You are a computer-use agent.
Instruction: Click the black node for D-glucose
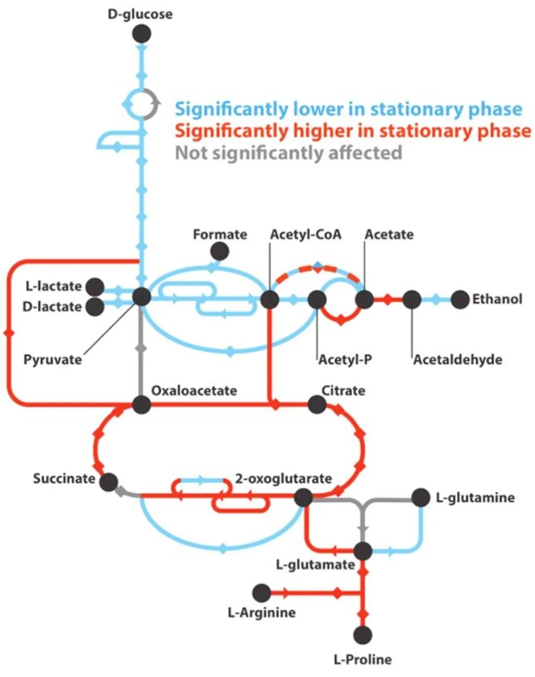142,34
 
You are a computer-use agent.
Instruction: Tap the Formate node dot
219,251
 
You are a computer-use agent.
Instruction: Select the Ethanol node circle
460,299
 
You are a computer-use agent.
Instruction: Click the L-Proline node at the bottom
363,635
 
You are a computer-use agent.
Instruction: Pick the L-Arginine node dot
261,593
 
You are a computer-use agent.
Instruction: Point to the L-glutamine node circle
420,497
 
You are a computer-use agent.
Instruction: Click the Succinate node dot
109,482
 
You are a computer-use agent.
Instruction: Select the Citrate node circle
317,404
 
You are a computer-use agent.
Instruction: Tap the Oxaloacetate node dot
141,404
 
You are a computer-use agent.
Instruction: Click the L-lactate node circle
95,286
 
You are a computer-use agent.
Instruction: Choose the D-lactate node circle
95,307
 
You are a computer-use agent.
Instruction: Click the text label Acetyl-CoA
305,234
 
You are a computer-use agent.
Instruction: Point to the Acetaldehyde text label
458,360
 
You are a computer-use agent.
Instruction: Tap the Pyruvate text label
52,360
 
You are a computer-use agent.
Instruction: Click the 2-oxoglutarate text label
283,478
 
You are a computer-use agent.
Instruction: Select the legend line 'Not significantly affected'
288,153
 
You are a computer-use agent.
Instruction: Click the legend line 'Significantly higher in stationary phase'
352,131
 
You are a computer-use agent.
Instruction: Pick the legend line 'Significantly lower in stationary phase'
348,109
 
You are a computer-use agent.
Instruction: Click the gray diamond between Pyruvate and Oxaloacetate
141,348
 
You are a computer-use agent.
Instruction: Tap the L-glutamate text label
315,564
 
